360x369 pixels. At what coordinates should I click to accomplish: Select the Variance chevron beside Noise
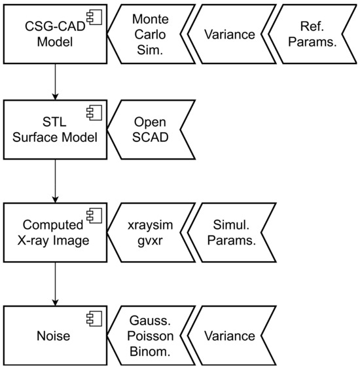click(229, 336)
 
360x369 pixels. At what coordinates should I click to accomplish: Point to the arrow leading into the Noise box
click(55, 285)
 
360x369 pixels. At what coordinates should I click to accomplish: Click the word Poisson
click(149, 336)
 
